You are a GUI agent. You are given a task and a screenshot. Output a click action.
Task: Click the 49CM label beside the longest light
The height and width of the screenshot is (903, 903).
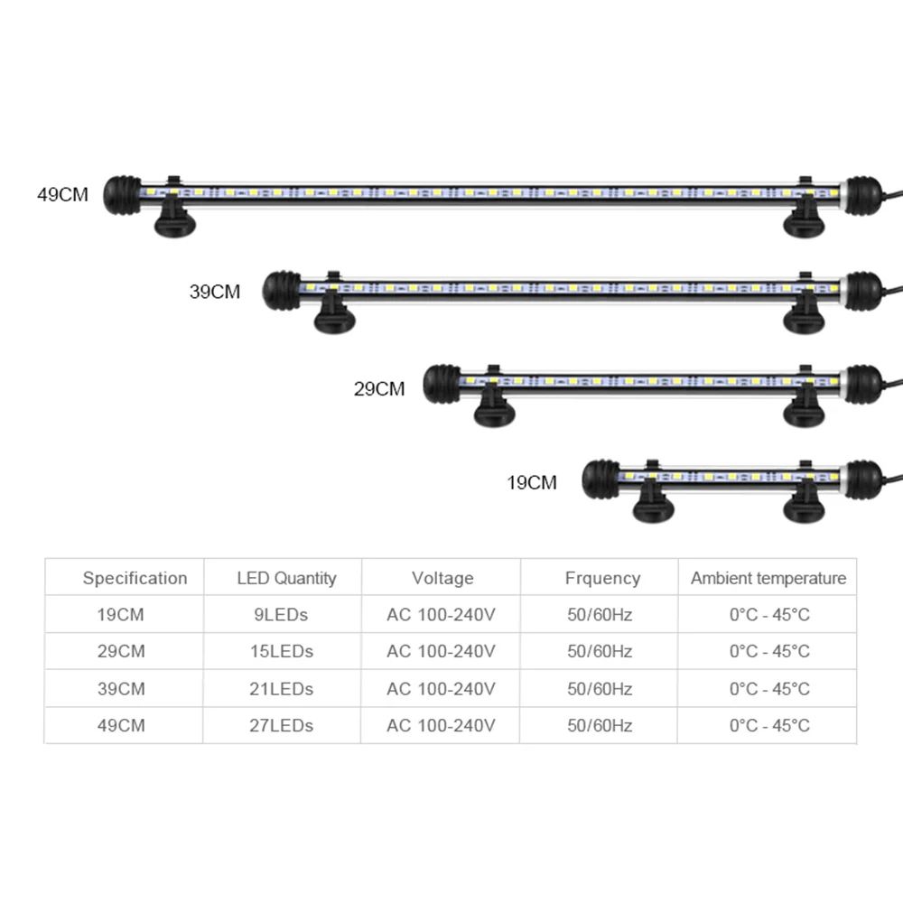[63, 195]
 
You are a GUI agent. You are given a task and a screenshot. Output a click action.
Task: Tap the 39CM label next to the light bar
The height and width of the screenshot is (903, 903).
[215, 292]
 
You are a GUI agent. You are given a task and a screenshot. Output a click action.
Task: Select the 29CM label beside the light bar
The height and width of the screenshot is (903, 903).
[379, 388]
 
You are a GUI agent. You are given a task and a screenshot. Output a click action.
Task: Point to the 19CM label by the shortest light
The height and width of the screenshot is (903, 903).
[532, 482]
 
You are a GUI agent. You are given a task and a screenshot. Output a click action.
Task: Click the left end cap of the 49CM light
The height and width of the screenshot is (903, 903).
[122, 195]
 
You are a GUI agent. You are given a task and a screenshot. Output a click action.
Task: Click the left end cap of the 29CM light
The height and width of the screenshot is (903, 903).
[442, 384]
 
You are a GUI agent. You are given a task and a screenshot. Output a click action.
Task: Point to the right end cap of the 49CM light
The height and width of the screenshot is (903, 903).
[862, 196]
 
